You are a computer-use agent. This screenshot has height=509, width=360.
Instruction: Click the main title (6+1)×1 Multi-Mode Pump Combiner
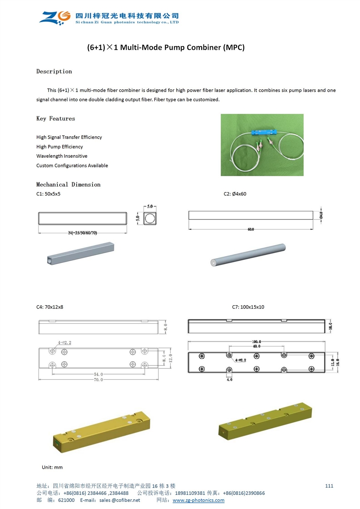[166, 47]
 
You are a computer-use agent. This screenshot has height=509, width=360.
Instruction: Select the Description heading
[54, 72]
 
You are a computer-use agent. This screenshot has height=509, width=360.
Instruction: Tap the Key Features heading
[56, 119]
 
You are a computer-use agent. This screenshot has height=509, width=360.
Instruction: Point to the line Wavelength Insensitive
[62, 156]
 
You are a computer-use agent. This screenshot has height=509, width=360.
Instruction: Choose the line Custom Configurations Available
[72, 166]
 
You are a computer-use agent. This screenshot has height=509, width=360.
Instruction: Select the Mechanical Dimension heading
[68, 185]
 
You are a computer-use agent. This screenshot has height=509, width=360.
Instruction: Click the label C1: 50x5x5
[51, 194]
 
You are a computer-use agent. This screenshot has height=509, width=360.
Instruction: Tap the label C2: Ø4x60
[235, 194]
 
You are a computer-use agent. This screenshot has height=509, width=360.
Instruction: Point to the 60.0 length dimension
[250, 229]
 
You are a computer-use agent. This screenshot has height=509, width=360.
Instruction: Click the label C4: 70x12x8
[50, 307]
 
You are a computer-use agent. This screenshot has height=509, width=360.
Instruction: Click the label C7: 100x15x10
[248, 307]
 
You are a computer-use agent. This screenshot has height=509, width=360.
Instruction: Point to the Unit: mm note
[52, 467]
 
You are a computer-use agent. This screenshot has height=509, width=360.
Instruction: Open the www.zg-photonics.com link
[198, 500]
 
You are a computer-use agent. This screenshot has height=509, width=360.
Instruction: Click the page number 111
[329, 486]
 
